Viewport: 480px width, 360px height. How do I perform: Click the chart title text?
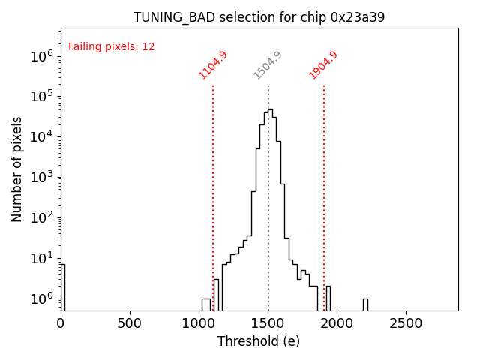pyautogui.click(x=259, y=17)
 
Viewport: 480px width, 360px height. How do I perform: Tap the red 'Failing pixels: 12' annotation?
pyautogui.click(x=112, y=46)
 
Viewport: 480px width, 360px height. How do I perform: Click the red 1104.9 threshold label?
pyautogui.click(x=213, y=65)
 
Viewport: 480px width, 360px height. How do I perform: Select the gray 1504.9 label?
pyautogui.click(x=268, y=65)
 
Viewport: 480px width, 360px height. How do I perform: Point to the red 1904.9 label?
pyautogui.click(x=323, y=65)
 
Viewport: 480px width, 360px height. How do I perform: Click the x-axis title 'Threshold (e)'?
pyautogui.click(x=259, y=341)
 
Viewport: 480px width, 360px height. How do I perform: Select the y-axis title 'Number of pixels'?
pyautogui.click(x=17, y=169)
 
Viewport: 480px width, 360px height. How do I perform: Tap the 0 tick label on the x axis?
pyautogui.click(x=61, y=322)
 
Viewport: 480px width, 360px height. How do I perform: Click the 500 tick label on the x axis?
pyautogui.click(x=130, y=322)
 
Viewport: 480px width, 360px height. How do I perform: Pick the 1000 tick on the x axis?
pyautogui.click(x=199, y=322)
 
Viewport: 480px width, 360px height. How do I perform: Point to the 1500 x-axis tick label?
pyautogui.click(x=268, y=322)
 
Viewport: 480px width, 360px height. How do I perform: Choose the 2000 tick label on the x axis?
pyautogui.click(x=337, y=322)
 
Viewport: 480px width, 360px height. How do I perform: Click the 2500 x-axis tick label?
pyautogui.click(x=406, y=322)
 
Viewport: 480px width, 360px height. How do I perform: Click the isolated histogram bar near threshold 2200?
pyautogui.click(x=365, y=304)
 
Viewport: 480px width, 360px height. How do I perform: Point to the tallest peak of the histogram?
pyautogui.click(x=270, y=110)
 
